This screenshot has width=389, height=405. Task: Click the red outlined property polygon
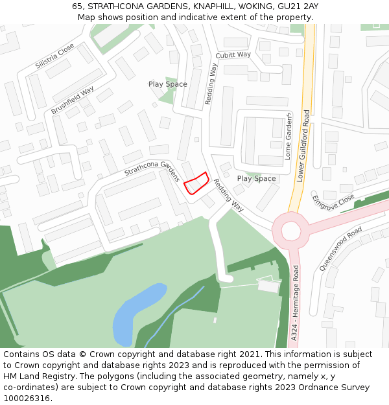coord(196,183)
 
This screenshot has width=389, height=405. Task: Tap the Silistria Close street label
coord(56,57)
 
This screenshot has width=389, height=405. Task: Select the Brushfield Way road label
coord(73,100)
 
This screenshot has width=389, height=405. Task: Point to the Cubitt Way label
coord(233,55)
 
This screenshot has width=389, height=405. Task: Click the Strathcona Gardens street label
coord(152,171)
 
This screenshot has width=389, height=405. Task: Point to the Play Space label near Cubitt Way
coord(167,84)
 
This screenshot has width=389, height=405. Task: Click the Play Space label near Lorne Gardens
coord(256,178)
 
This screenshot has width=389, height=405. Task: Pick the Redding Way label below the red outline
coord(229,196)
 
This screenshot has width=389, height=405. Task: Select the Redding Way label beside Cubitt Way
coord(211,84)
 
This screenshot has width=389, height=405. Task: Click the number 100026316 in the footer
coord(27,398)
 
